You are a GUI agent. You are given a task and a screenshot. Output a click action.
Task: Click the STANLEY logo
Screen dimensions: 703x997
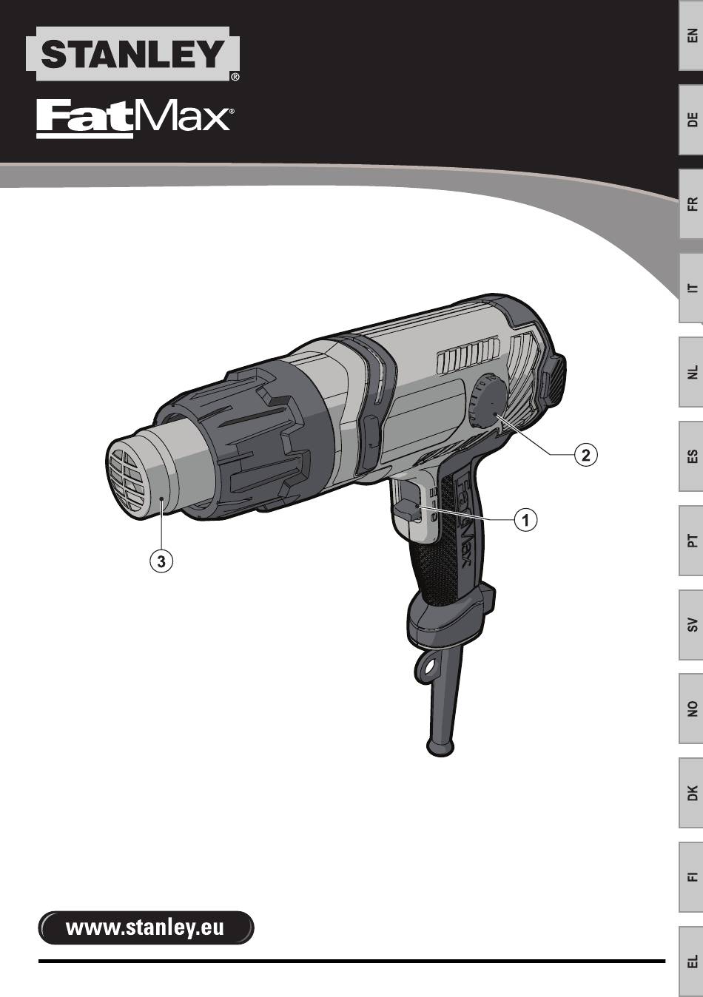pyautogui.click(x=132, y=54)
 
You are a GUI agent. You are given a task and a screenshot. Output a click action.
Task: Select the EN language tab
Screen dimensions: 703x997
pyautogui.click(x=691, y=36)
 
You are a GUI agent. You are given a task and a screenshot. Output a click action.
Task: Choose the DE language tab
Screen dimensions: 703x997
pyautogui.click(x=691, y=120)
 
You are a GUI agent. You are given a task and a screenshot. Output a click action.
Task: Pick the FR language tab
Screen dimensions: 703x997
pyautogui.click(x=691, y=204)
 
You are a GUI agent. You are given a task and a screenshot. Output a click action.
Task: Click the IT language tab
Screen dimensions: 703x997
pyautogui.click(x=691, y=288)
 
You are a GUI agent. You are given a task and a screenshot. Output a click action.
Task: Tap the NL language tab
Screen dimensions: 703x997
pyautogui.click(x=691, y=372)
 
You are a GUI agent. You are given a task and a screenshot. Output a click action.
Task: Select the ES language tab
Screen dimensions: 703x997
pyautogui.click(x=691, y=456)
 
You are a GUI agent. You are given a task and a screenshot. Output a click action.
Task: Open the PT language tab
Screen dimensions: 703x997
pyautogui.click(x=691, y=541)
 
